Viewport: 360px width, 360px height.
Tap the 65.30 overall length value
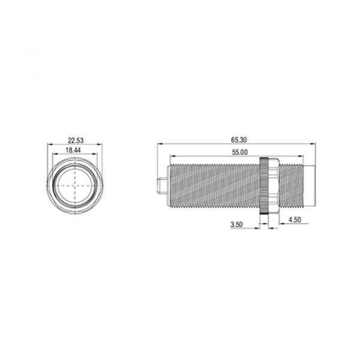click(238, 140)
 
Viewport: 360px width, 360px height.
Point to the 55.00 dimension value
click(239, 152)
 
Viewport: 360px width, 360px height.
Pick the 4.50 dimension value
click(295, 220)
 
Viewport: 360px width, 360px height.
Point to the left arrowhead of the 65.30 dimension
click(158, 144)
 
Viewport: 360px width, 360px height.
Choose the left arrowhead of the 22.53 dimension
click(49, 144)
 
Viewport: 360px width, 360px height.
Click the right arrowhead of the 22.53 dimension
click(100, 144)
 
